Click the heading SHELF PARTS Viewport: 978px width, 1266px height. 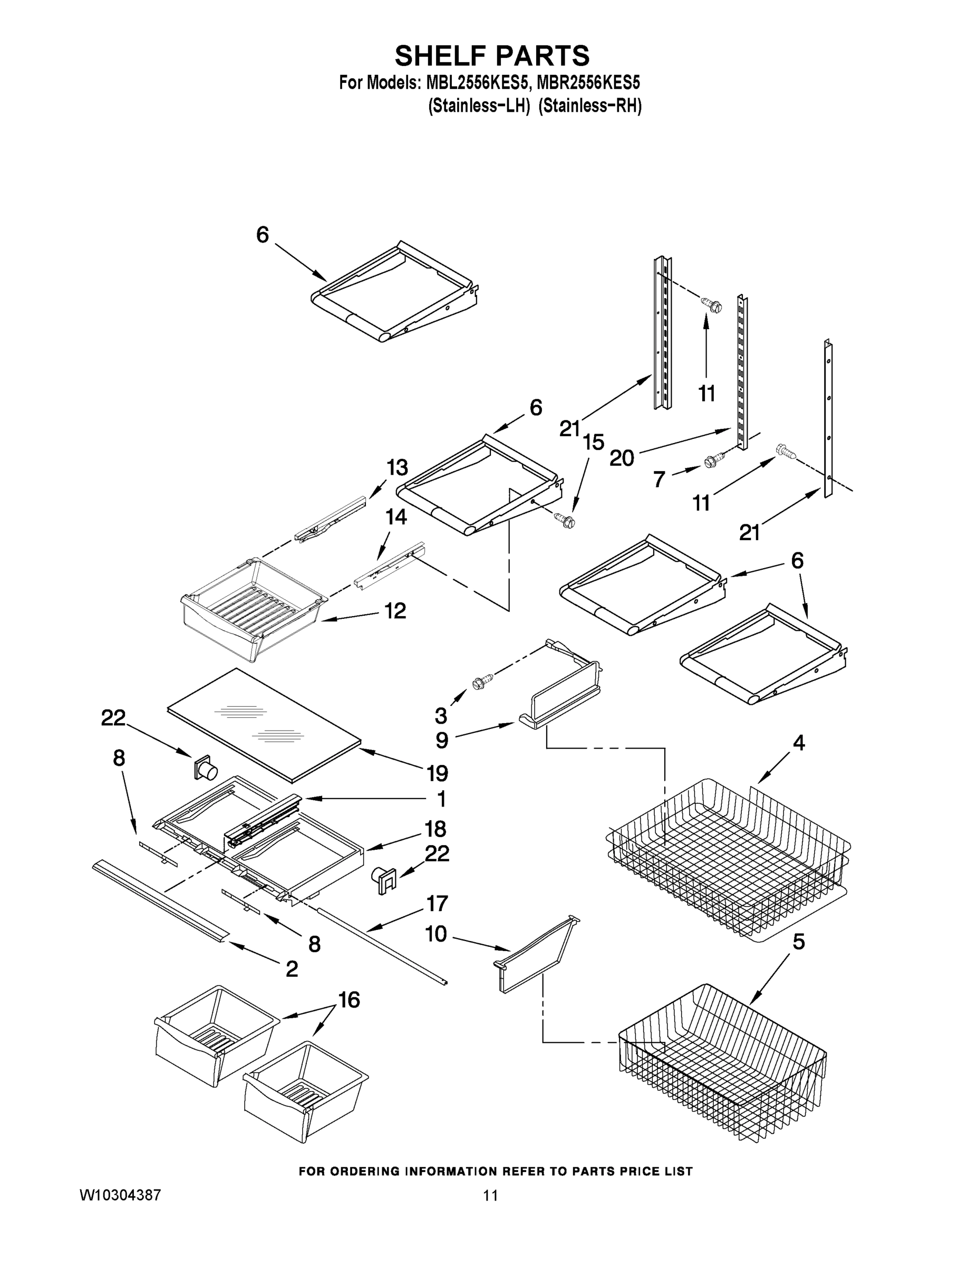click(x=492, y=56)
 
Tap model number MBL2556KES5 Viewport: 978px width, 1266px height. click(x=478, y=83)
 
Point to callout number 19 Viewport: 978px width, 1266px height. click(x=437, y=773)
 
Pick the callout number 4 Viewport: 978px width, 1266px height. click(x=798, y=743)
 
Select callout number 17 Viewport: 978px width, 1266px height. click(x=437, y=903)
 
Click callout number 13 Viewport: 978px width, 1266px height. click(x=398, y=467)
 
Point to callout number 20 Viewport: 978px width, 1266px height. click(x=622, y=458)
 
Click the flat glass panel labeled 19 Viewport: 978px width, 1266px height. click(x=264, y=722)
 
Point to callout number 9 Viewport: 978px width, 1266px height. click(x=441, y=740)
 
